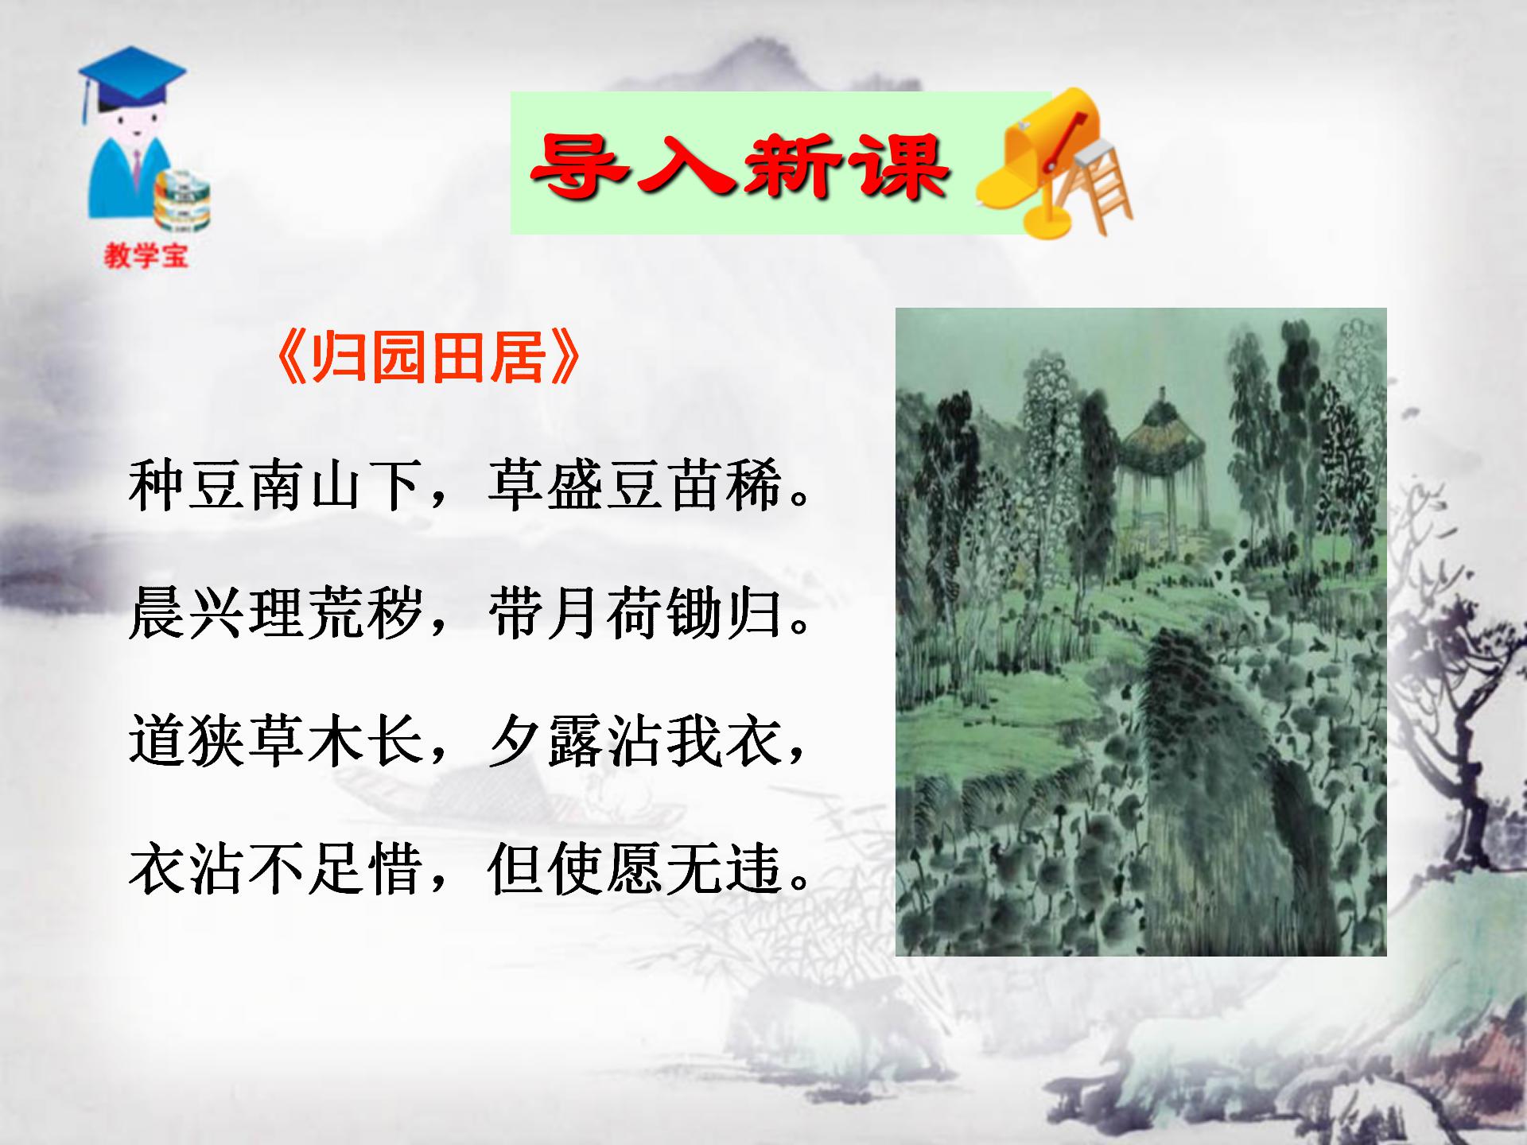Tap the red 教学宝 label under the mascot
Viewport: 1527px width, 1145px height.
coord(146,255)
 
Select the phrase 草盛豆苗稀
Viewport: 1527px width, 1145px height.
coord(634,486)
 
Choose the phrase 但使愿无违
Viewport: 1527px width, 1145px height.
coord(634,869)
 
